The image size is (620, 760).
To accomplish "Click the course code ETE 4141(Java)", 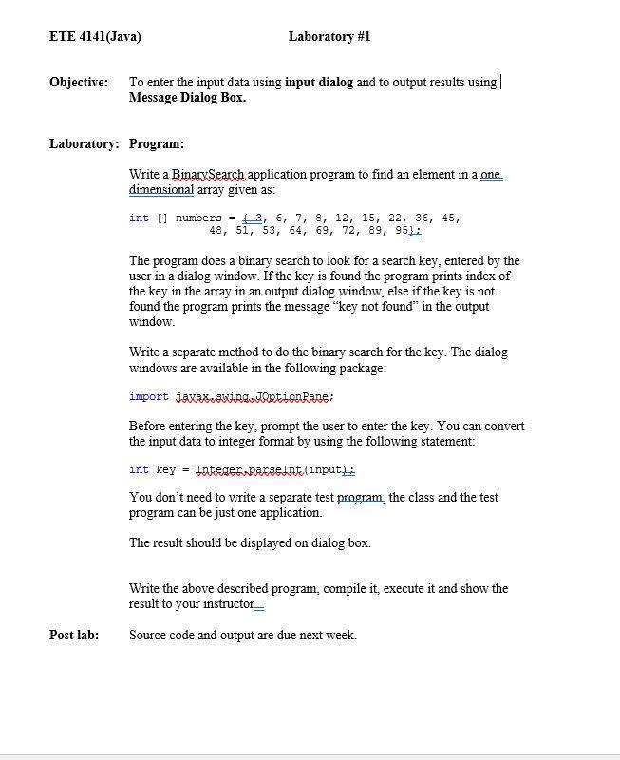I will (x=95, y=37).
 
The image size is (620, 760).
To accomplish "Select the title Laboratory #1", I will (x=329, y=37).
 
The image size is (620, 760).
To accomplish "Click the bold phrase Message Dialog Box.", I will (x=187, y=98).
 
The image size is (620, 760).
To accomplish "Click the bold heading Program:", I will (x=157, y=144).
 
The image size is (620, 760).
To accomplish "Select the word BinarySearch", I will (x=209, y=175).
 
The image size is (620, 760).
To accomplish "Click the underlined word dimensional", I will (x=161, y=190).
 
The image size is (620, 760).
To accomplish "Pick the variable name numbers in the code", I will (x=197, y=218).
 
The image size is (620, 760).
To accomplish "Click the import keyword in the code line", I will (x=149, y=396).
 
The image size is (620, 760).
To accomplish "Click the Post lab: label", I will (x=74, y=636).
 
